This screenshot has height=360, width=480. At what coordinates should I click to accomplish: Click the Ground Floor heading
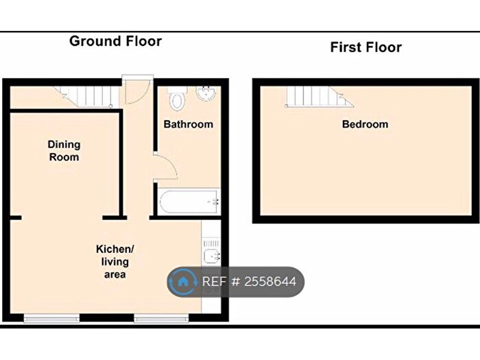[x=115, y=41]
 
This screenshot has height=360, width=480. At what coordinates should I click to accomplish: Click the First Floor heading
[x=365, y=47]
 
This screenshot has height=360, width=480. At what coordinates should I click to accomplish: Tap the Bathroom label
[x=189, y=124]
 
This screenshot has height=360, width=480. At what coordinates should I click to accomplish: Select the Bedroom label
[x=365, y=124]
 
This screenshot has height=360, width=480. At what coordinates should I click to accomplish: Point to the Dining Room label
[x=64, y=151]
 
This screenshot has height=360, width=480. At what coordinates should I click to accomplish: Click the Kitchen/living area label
[x=115, y=262]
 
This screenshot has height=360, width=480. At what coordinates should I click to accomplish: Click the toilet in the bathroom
[x=177, y=98]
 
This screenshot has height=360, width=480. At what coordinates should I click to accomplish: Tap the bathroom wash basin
[x=206, y=93]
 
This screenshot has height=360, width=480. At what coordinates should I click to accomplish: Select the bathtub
[x=189, y=202]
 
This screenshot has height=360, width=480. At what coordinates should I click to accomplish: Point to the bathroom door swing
[x=166, y=166]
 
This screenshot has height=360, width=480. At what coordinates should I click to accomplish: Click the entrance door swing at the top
[x=137, y=91]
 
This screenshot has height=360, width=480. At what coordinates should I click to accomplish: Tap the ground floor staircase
[x=86, y=97]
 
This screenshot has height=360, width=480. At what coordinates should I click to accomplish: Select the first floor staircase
[x=319, y=97]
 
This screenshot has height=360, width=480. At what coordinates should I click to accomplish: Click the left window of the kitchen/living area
[x=51, y=318]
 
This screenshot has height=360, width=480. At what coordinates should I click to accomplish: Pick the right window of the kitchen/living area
[x=161, y=318]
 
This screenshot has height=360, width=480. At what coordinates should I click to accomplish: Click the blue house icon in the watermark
[x=183, y=282]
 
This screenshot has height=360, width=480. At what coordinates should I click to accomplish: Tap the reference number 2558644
[x=270, y=282]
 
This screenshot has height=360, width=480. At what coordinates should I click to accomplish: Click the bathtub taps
[x=215, y=202]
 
